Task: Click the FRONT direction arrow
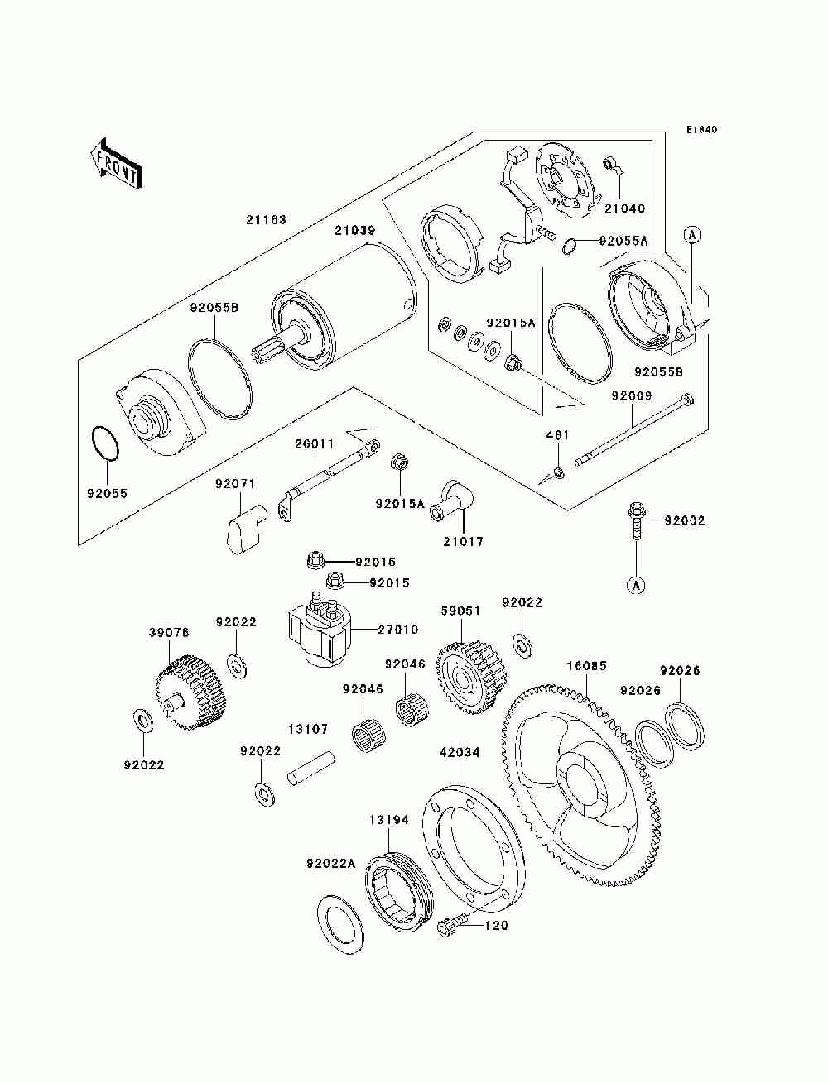117,163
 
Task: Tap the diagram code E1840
701,130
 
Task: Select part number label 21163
266,219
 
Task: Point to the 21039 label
355,230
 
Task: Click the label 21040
624,208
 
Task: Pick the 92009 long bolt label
632,395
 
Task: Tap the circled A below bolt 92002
636,585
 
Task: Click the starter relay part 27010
319,629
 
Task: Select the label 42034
460,752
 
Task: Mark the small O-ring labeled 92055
105,443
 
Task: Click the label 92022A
331,864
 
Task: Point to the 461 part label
558,435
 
